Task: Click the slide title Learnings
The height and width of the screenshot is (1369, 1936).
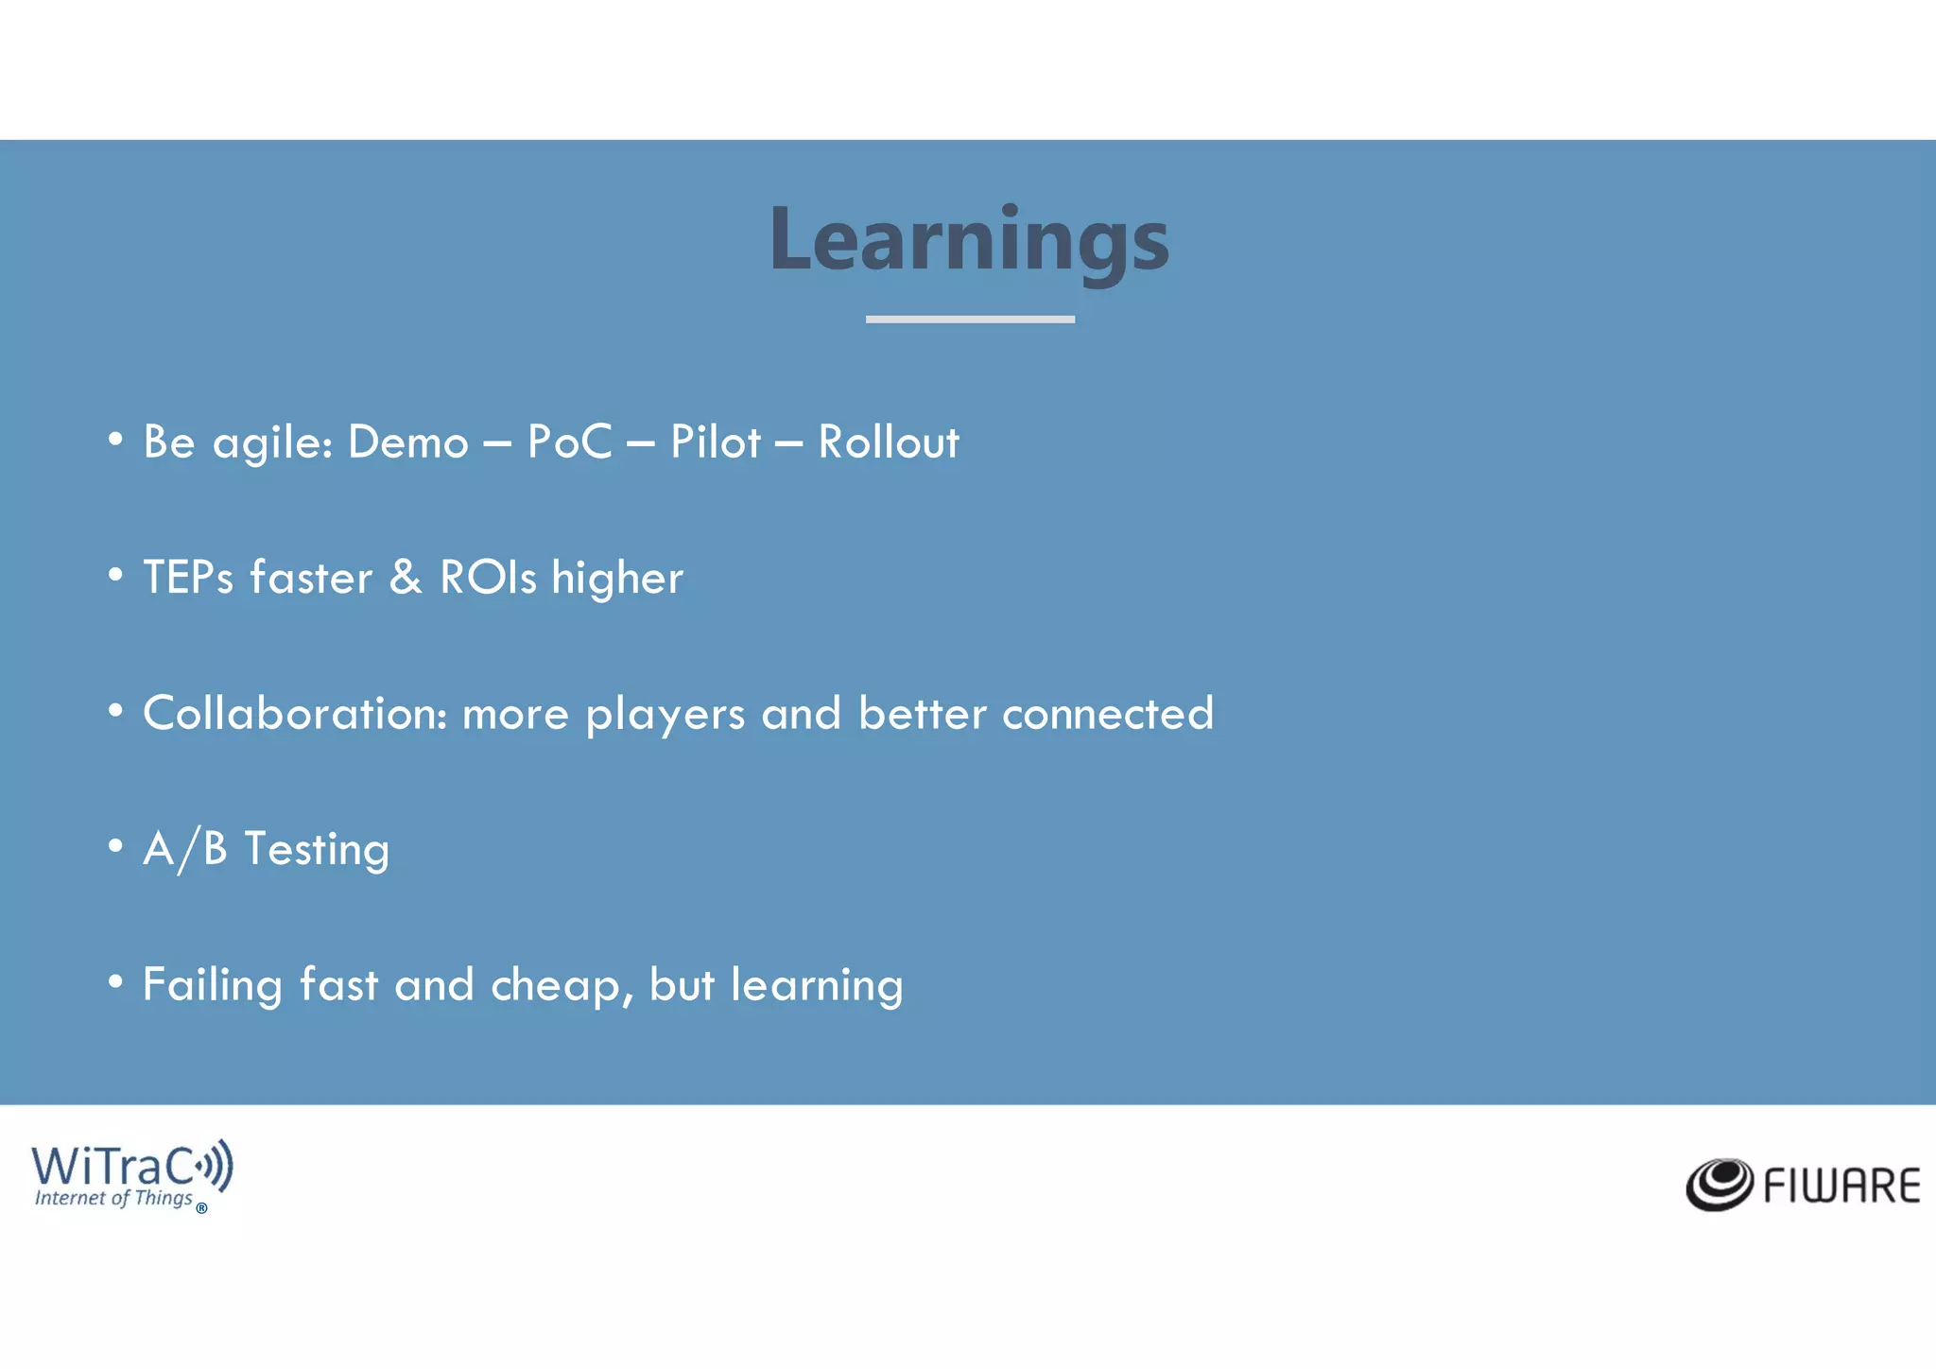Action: click(x=969, y=241)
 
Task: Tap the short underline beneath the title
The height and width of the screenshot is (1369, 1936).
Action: click(x=970, y=320)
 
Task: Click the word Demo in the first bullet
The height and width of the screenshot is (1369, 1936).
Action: click(x=408, y=442)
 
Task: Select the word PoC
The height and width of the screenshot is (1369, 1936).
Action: click(x=569, y=442)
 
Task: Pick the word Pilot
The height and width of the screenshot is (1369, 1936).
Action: click(x=715, y=442)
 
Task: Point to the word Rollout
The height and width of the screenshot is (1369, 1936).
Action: click(x=888, y=442)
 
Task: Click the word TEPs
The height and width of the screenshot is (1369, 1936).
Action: click(x=188, y=578)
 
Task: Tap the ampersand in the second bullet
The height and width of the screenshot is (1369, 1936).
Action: click(x=406, y=578)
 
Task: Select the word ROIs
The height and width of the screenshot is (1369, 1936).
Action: click(x=488, y=578)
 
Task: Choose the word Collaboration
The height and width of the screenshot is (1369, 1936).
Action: click(x=294, y=714)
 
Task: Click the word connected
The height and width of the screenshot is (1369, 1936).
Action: click(x=1107, y=714)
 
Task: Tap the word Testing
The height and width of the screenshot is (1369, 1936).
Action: click(x=317, y=850)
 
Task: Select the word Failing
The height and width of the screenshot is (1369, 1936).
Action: click(x=212, y=986)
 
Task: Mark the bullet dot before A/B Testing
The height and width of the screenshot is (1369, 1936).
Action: click(x=115, y=846)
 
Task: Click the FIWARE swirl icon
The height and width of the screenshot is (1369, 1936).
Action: click(x=1720, y=1184)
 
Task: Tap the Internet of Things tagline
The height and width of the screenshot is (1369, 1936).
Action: click(x=113, y=1199)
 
